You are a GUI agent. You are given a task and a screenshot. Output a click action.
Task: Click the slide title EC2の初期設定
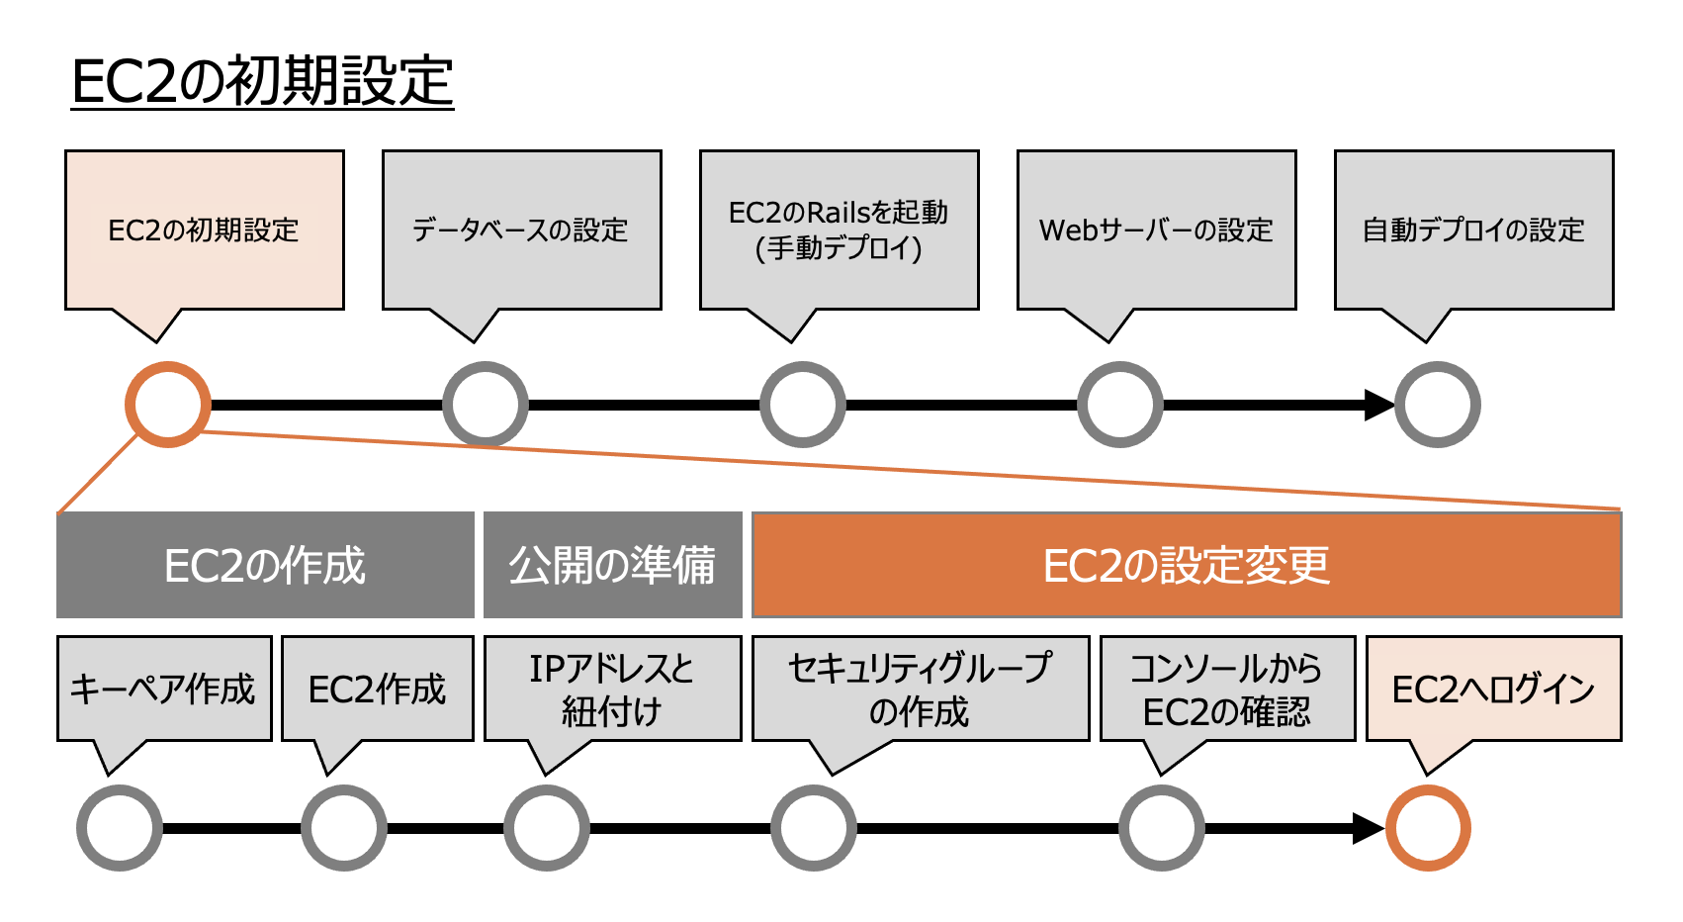point(262,81)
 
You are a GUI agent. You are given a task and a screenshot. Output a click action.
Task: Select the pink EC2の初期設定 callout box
point(204,230)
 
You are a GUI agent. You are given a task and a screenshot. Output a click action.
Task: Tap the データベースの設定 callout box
point(521,230)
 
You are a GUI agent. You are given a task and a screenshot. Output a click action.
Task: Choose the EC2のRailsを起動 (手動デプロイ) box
point(839,230)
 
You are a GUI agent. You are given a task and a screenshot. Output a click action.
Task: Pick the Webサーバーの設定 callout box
point(1156,230)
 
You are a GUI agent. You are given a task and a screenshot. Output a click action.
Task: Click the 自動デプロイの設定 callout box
point(1473,230)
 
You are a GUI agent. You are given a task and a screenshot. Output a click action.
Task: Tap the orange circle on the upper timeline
point(168,405)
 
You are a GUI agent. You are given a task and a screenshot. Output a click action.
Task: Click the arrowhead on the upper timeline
point(1378,405)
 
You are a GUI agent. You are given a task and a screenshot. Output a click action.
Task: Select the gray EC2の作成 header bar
point(265,565)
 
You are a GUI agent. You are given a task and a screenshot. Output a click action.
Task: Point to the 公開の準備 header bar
point(612,565)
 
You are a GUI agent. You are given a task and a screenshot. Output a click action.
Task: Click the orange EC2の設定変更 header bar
point(1187,565)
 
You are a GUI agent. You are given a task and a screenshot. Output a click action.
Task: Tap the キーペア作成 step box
point(164,689)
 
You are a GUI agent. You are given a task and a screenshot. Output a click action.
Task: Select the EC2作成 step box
point(378,689)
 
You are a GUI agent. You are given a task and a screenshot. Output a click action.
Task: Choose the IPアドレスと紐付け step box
point(612,689)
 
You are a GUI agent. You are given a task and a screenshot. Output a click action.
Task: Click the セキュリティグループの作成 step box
point(920,689)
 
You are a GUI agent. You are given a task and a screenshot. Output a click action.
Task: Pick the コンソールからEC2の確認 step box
point(1226,689)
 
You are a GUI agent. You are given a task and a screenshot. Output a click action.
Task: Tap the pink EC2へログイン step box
point(1493,689)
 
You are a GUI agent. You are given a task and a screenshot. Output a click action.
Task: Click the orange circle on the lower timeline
point(1428,828)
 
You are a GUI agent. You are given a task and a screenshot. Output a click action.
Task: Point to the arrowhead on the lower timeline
point(1368,828)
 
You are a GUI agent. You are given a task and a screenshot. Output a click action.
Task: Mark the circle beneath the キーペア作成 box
point(120,828)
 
